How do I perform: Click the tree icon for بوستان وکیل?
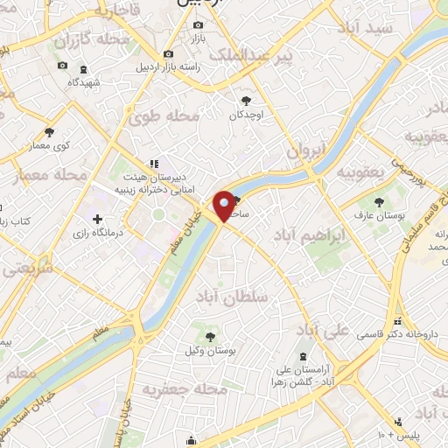point(210,334)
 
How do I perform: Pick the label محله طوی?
point(165,115)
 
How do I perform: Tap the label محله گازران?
point(92,40)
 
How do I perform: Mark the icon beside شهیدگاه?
point(83,68)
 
